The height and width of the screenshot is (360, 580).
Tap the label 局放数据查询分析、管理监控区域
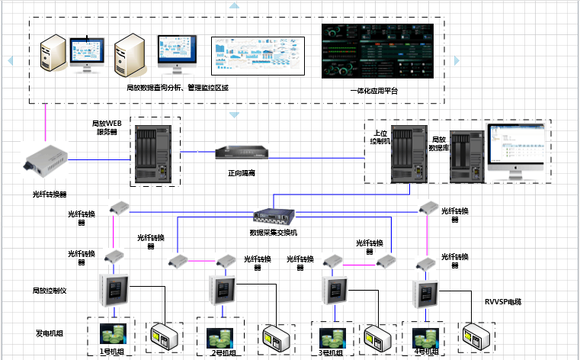point(178,88)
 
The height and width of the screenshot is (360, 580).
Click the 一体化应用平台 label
point(373,91)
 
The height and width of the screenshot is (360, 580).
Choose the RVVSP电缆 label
point(504,301)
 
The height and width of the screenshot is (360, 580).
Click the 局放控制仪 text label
point(50,291)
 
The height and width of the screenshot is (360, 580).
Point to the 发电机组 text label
point(46,333)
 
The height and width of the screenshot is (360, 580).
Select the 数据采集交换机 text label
point(273,232)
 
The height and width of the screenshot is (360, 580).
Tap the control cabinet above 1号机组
point(115,289)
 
